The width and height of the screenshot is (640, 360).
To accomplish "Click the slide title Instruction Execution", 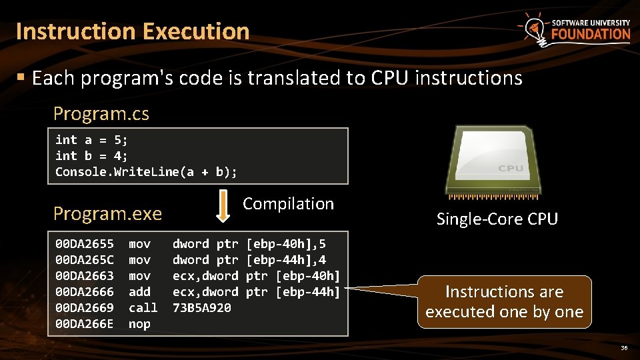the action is (x=133, y=31).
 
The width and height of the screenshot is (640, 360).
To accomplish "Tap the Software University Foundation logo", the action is (x=574, y=30).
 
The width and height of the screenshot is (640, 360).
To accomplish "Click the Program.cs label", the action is (x=101, y=113).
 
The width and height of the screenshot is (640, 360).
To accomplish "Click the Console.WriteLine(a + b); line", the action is (x=146, y=172).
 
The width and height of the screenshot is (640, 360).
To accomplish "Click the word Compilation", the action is (x=288, y=204).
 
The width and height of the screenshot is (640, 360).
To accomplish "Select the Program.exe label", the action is (x=107, y=214).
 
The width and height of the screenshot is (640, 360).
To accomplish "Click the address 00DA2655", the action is (x=84, y=244).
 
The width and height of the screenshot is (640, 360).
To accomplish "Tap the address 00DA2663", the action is (x=84, y=276).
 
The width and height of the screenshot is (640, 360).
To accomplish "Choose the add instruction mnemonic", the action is (x=139, y=292).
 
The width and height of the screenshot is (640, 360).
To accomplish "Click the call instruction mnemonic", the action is (x=143, y=308).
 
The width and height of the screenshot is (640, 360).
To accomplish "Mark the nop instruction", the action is (x=139, y=324).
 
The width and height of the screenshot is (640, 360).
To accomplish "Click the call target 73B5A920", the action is (x=202, y=308).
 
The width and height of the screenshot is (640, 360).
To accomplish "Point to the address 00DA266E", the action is (x=84, y=324).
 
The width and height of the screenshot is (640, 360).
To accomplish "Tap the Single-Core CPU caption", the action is (x=497, y=219).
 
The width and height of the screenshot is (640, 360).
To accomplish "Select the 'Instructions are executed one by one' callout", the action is (x=504, y=302).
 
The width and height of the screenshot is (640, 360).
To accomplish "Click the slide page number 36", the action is (x=624, y=348).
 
